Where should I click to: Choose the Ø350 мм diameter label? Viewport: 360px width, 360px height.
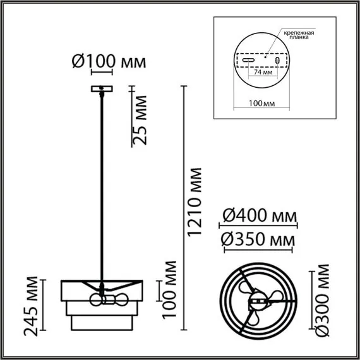(259, 241)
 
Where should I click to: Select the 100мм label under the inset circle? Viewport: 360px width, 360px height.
(261, 104)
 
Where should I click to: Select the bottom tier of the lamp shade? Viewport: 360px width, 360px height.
(101, 323)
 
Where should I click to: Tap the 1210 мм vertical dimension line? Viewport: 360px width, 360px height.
(183, 208)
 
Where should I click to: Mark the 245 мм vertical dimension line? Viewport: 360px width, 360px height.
(45, 303)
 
